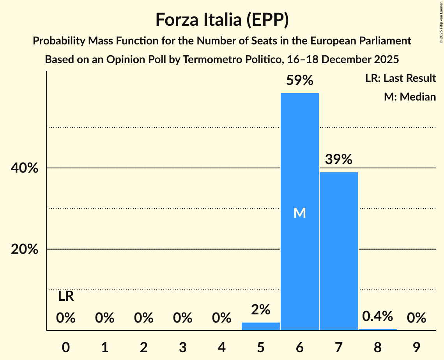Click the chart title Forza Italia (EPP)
[222, 19]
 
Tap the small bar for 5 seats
[260, 326]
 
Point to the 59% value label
[299, 80]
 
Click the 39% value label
[338, 159]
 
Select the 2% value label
[260, 310]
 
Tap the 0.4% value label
[377, 316]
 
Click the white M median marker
[299, 213]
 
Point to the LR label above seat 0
[66, 296]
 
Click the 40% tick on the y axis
[25, 168]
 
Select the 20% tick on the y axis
[25, 249]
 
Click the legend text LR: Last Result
[400, 78]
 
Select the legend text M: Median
[410, 97]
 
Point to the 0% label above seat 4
[221, 318]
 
